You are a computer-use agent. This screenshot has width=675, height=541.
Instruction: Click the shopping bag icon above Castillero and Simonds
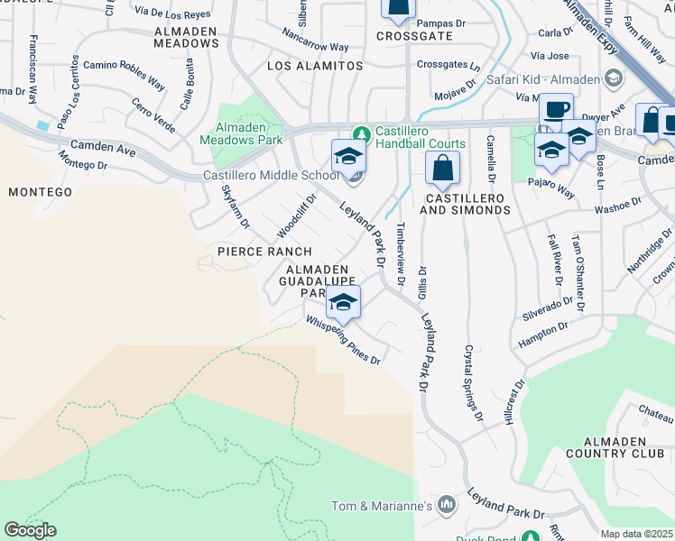[442, 168]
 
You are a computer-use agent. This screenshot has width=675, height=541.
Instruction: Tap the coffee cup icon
[556, 110]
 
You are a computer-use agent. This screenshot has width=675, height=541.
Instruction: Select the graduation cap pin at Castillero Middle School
[348, 157]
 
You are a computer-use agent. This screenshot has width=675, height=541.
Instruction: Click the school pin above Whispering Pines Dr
[343, 302]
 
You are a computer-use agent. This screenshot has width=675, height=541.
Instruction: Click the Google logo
[30, 530]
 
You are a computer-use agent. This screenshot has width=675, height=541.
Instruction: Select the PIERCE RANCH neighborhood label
[264, 252]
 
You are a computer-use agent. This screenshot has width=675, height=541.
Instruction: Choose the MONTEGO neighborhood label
[40, 192]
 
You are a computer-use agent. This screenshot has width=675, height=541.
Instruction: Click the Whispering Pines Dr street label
[343, 340]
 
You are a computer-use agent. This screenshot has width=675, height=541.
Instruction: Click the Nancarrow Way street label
[315, 46]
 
